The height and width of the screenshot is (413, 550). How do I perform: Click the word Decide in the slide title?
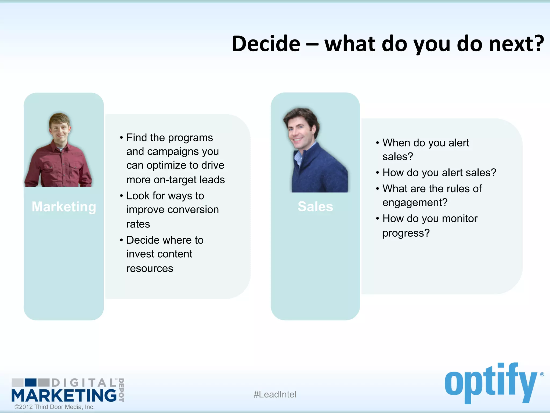coord(266,44)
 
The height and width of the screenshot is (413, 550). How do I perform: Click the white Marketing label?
coord(64,207)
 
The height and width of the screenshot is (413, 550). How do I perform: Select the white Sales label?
coord(315,207)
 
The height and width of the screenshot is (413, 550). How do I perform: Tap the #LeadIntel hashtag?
coord(275,394)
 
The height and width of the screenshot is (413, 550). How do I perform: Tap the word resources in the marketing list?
coord(150,268)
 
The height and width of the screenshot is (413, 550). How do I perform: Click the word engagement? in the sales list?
coord(415,202)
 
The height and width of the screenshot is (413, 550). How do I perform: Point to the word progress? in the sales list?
coord(406,233)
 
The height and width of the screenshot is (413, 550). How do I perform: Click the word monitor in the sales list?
coord(459,219)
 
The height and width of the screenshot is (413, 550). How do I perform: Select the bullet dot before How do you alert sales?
coord(377,173)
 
